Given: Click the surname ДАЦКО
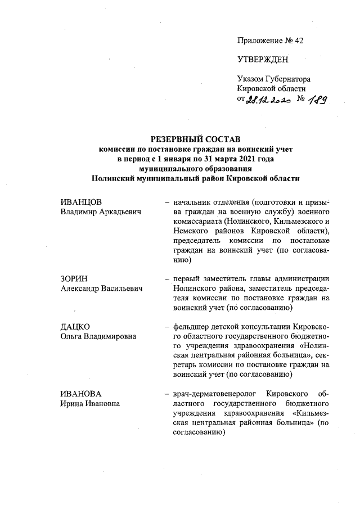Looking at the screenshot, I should point(75,327).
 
